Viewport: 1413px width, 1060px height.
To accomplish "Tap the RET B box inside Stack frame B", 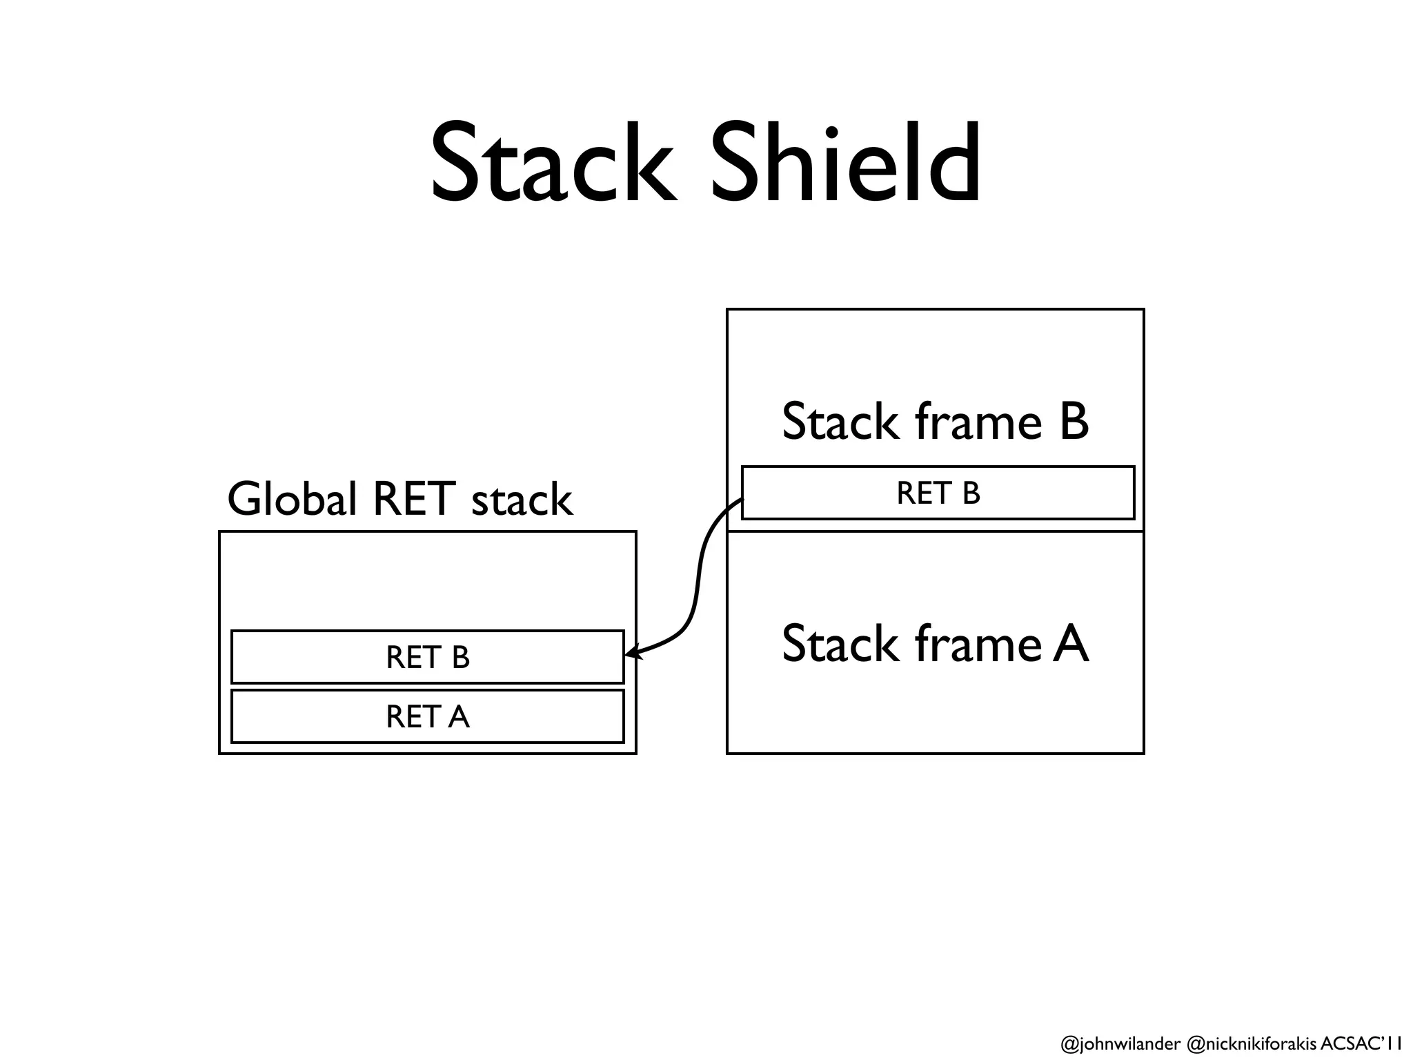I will [x=938, y=493].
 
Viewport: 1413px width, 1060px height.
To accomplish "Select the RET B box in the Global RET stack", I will [x=427, y=657].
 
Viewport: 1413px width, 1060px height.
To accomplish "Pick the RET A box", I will [x=427, y=716].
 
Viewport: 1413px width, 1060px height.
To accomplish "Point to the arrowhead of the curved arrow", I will [x=630, y=653].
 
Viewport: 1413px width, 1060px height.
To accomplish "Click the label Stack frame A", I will [x=935, y=643].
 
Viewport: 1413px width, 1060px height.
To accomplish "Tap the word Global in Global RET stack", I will [x=292, y=499].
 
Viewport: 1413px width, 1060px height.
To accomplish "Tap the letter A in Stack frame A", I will [x=1071, y=643].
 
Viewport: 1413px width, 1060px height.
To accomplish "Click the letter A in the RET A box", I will [x=459, y=716].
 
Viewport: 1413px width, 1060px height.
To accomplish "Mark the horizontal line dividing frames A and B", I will [x=935, y=531].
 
